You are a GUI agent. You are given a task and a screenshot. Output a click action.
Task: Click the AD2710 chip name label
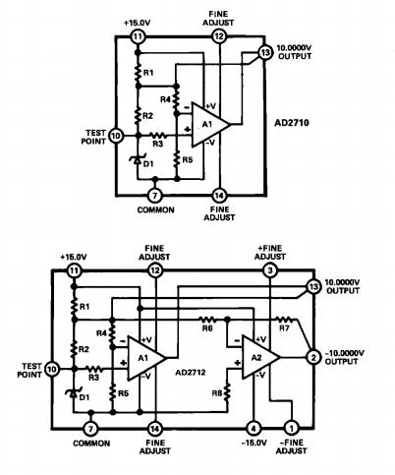[296, 127]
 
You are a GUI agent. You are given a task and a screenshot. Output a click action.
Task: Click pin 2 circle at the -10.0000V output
[312, 355]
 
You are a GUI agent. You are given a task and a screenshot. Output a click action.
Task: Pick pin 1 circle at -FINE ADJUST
[292, 428]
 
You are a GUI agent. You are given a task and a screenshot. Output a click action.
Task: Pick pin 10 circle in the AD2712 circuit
[52, 368]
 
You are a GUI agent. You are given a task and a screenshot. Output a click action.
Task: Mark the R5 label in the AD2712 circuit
[124, 392]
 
